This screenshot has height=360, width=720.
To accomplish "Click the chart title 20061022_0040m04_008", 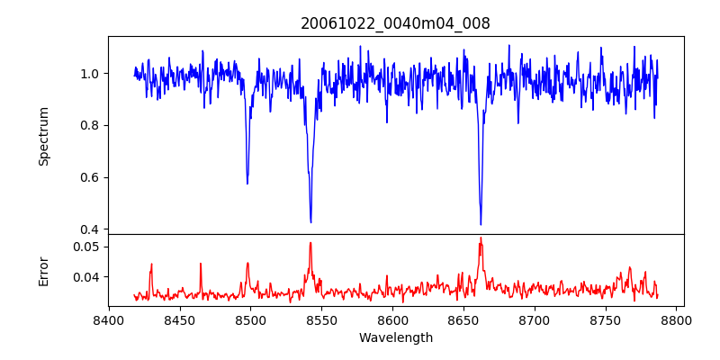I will tap(395, 23).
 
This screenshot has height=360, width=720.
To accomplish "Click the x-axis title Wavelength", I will tap(395, 338).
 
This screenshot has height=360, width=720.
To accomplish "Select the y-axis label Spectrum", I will tap(43, 136).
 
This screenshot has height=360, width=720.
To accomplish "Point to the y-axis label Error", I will tap(43, 270).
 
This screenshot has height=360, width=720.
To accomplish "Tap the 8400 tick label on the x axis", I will tap(108, 319).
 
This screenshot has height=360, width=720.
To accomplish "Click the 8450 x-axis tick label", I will tap(179, 319).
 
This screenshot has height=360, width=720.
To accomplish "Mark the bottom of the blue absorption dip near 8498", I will tap(247, 184).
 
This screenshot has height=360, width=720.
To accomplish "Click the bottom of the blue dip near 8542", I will tap(310, 222).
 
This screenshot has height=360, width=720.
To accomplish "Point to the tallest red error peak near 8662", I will tap(481, 238).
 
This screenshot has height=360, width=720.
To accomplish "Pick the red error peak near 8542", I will tap(310, 242).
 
